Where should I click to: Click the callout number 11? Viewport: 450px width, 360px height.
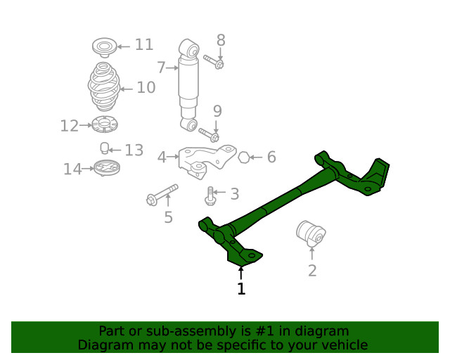[x=143, y=45]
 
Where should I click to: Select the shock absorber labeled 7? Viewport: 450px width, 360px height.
[x=189, y=84]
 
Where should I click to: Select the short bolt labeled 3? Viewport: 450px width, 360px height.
[x=210, y=195]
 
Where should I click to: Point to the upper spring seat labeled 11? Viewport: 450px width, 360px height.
[x=104, y=48]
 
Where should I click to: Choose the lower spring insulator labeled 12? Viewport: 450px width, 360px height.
[x=104, y=126]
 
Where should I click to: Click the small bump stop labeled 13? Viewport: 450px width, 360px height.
[x=103, y=148]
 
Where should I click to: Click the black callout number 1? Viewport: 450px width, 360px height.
[x=241, y=289]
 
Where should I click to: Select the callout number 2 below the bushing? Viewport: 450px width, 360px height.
[x=312, y=270]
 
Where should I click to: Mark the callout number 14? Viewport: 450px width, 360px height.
[x=72, y=169]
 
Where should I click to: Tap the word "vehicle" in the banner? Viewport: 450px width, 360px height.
[x=345, y=345]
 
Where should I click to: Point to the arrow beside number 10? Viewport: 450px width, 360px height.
[x=126, y=89]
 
